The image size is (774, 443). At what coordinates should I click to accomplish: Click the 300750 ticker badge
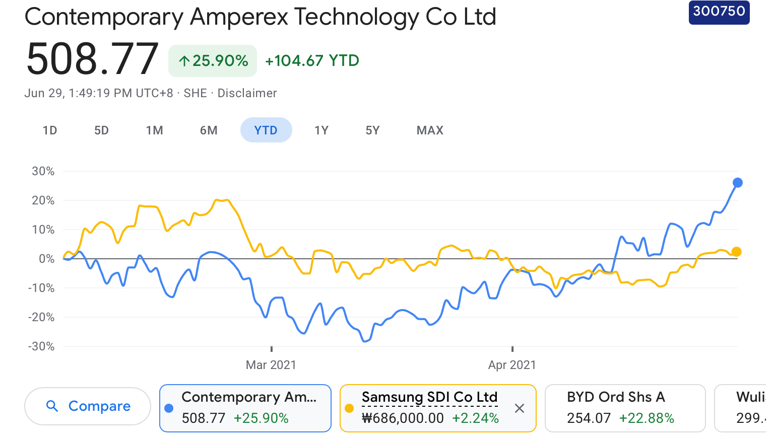pyautogui.click(x=719, y=11)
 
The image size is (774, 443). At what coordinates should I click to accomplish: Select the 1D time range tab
pyautogui.click(x=50, y=130)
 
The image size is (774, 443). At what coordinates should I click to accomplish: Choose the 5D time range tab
pyautogui.click(x=101, y=130)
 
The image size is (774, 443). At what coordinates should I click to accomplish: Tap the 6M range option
pyautogui.click(x=209, y=130)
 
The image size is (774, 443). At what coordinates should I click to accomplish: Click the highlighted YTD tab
pyautogui.click(x=266, y=130)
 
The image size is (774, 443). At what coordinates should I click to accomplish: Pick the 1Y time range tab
pyautogui.click(x=321, y=130)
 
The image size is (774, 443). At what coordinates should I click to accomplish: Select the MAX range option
pyautogui.click(x=430, y=130)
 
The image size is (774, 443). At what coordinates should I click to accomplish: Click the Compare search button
pyautogui.click(x=88, y=406)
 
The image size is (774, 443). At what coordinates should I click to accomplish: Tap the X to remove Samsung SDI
pyautogui.click(x=520, y=408)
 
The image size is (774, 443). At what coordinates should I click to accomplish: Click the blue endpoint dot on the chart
pyautogui.click(x=737, y=183)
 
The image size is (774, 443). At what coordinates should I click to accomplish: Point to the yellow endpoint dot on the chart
pyautogui.click(x=736, y=252)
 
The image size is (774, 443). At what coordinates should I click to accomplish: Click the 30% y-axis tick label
pyautogui.click(x=43, y=171)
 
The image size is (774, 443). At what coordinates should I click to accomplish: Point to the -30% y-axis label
pyautogui.click(x=41, y=346)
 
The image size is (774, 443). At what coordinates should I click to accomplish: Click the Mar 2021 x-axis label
pyautogui.click(x=271, y=365)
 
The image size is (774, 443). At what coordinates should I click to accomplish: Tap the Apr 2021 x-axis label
pyautogui.click(x=512, y=365)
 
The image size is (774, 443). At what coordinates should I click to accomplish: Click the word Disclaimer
pyautogui.click(x=247, y=93)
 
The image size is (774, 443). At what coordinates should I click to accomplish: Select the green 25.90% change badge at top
pyautogui.click(x=213, y=61)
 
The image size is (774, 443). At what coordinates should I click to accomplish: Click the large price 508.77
pyautogui.click(x=92, y=59)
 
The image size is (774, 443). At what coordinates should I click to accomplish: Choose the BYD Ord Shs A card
pyautogui.click(x=625, y=408)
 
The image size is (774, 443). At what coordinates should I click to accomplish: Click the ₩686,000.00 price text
pyautogui.click(x=403, y=418)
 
